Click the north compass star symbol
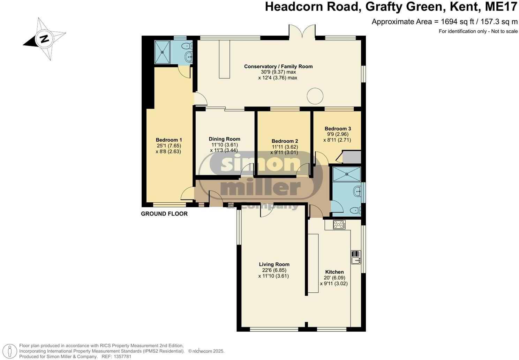45,39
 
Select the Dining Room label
224,139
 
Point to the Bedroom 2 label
285,141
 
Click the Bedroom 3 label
338,128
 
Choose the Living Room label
274,264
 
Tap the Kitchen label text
334,272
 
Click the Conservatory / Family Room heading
278,66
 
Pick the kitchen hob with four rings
339,225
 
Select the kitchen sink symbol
356,257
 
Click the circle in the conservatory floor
315,96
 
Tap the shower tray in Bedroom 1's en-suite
163,52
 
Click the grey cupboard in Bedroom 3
352,157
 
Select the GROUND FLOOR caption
164,214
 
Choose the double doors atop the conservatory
302,32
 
